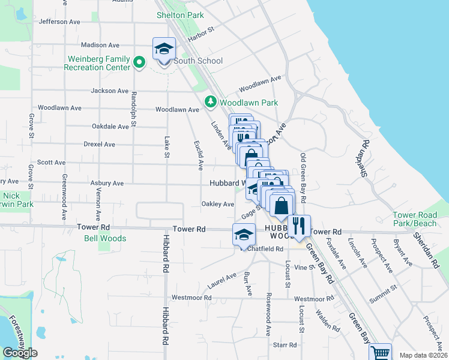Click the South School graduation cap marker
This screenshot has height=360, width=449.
pyautogui.click(x=164, y=49)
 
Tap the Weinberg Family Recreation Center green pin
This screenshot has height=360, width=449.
pyautogui.click(x=139, y=61)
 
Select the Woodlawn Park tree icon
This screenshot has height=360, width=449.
pyautogui.click(x=211, y=102)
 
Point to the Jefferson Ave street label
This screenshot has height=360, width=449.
pyautogui.click(x=59, y=22)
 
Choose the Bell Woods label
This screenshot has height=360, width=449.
pyautogui.click(x=105, y=238)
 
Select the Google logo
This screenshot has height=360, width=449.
pyautogui.click(x=20, y=353)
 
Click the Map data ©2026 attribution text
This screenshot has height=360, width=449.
pyautogui.click(x=423, y=355)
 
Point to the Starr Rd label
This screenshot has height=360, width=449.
pyautogui.click(x=285, y=345)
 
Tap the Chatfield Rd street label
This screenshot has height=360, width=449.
pyautogui.click(x=265, y=249)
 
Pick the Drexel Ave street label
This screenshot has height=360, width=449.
pyautogui.click(x=100, y=145)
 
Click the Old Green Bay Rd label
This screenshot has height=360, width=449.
pyautogui.click(x=304, y=178)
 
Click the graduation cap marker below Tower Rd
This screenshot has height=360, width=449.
pyautogui.click(x=244, y=234)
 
